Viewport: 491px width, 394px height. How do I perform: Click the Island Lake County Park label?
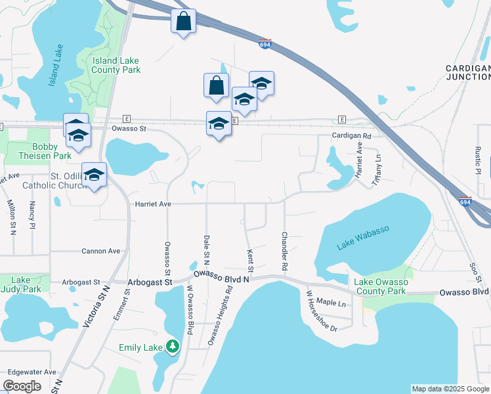[x=116, y=65]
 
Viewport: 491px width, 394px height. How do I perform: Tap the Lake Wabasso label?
[x=363, y=237]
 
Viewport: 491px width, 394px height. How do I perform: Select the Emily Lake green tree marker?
[x=172, y=346]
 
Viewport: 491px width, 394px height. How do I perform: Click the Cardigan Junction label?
[x=468, y=72]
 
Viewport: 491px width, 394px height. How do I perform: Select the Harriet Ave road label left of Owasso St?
[x=152, y=204]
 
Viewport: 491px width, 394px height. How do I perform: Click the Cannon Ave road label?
[x=100, y=251]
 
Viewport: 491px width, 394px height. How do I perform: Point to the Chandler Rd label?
[x=285, y=252]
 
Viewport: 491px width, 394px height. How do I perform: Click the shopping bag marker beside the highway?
[x=183, y=21]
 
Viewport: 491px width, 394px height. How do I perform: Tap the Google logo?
[x=22, y=386]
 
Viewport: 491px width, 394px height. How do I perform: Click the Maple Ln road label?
[x=331, y=303]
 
